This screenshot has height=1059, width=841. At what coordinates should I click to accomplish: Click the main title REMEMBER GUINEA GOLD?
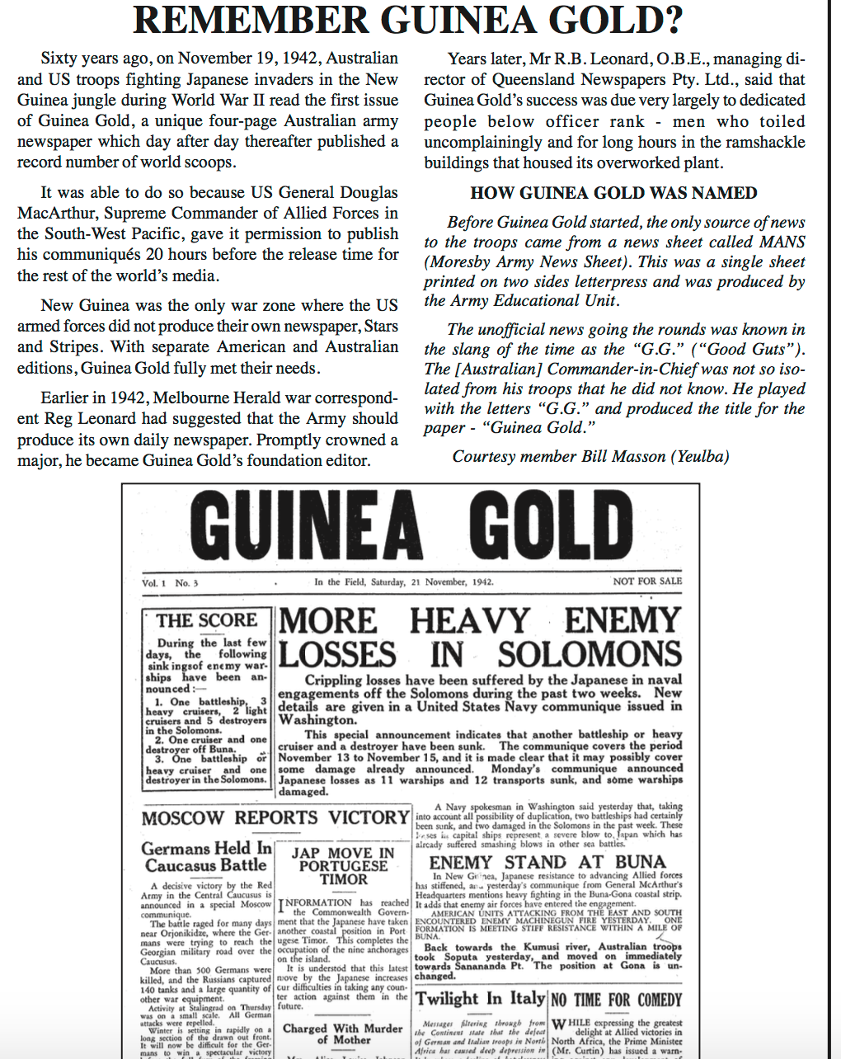(x=408, y=21)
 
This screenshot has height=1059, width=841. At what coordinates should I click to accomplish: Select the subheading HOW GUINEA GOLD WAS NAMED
(x=613, y=193)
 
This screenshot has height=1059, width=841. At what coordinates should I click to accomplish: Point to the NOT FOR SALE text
(x=647, y=581)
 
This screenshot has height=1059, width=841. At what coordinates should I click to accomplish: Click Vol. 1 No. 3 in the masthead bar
(x=170, y=583)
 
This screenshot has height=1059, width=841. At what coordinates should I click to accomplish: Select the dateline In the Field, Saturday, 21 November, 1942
(x=404, y=581)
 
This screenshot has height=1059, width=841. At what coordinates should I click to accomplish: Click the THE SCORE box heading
(x=207, y=620)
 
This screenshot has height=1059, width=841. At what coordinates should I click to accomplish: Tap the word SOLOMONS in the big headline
(x=590, y=654)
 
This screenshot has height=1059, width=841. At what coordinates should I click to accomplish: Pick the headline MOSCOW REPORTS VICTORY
(x=275, y=818)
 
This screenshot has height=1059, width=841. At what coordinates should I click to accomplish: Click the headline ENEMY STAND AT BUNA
(x=547, y=862)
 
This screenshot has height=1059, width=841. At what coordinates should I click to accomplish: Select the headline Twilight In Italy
(x=481, y=999)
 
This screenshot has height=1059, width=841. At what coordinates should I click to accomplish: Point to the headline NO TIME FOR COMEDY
(x=617, y=1000)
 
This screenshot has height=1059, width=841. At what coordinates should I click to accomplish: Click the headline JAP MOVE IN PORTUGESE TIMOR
(x=343, y=866)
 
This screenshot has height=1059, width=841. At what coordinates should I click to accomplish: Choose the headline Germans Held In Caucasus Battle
(x=206, y=856)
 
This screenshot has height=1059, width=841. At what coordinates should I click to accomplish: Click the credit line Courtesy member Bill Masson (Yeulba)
(x=590, y=456)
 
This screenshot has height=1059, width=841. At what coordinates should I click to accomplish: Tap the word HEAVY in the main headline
(x=469, y=621)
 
